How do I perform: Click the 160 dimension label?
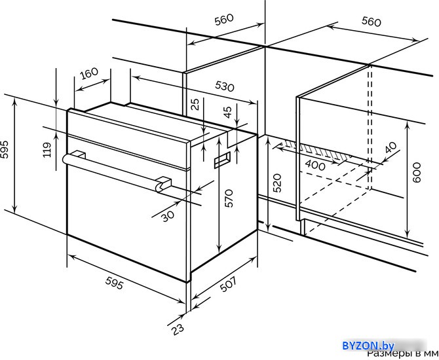tap(89, 73)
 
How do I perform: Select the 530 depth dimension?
tap(224, 86)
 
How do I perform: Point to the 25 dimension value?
tap(196, 104)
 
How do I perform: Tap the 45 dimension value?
tap(228, 112)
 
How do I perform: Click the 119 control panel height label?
tap(47, 150)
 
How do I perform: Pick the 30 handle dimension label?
tap(168, 216)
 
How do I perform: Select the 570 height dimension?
tap(229, 198)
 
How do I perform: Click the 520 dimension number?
tap(277, 183)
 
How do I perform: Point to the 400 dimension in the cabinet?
tap(315, 165)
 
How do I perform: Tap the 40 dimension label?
tap(391, 147)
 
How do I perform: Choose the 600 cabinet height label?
tap(417, 172)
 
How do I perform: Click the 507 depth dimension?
tap(228, 284)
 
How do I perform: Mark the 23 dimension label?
tap(178, 329)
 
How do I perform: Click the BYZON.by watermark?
tap(368, 346)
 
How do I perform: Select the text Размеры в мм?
tap(402, 354)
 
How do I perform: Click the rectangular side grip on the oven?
tap(222, 160)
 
